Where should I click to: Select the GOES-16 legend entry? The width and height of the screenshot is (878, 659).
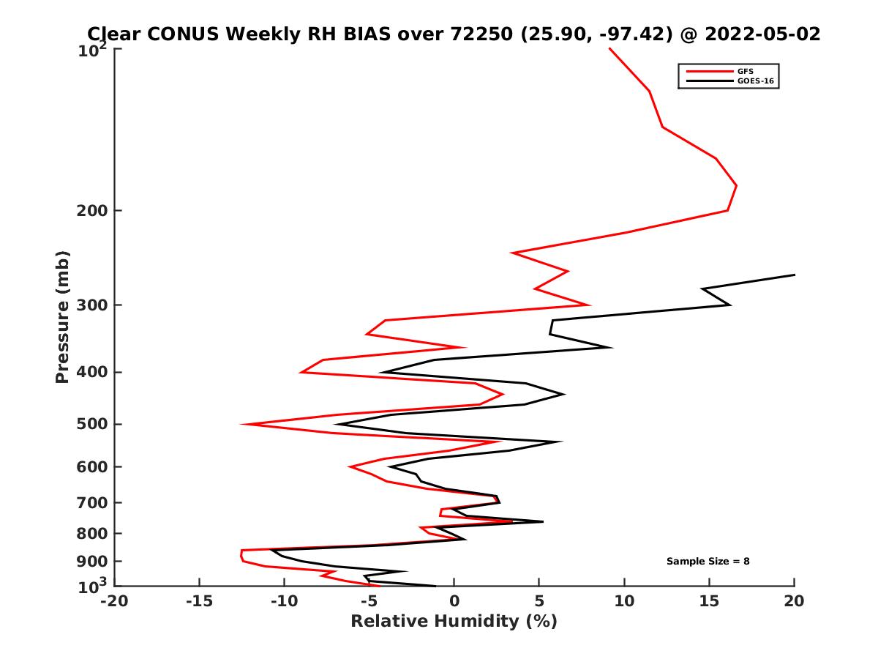pos(754,81)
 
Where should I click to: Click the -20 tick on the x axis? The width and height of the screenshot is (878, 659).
pos(115,602)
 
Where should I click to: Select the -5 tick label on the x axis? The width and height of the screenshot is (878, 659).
pos(369,602)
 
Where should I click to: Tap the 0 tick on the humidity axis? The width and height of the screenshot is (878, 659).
pos(454,602)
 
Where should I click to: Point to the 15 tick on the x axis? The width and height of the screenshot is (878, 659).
pos(709,602)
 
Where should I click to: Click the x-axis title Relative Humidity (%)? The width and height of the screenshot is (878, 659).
pos(454,622)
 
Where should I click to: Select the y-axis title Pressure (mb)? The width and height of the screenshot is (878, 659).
pos(63,316)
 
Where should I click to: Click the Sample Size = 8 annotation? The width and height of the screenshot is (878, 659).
pos(708,562)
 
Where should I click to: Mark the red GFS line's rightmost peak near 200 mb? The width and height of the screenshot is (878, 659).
pos(736,186)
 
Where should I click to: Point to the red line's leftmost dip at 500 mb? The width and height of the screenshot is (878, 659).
pos(242,424)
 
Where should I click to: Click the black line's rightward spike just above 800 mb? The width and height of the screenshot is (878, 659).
pos(542,522)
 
